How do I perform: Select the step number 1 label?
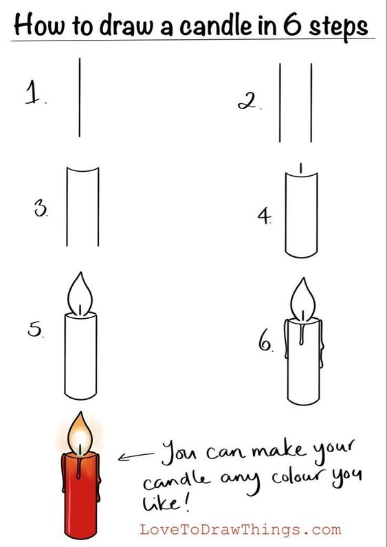[x=34, y=93]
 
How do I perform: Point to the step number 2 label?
[x=249, y=102]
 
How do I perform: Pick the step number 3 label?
[x=41, y=210]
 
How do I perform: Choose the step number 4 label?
[x=265, y=216]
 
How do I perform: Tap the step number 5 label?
[x=35, y=330]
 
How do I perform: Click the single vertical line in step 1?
[x=80, y=98]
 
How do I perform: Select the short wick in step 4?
[x=301, y=168]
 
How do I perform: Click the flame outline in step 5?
[x=80, y=293]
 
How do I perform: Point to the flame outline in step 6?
[x=303, y=299]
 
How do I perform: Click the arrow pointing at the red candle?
[x=135, y=456]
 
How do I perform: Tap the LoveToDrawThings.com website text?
[x=241, y=530]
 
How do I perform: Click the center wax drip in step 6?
[x=302, y=334]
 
